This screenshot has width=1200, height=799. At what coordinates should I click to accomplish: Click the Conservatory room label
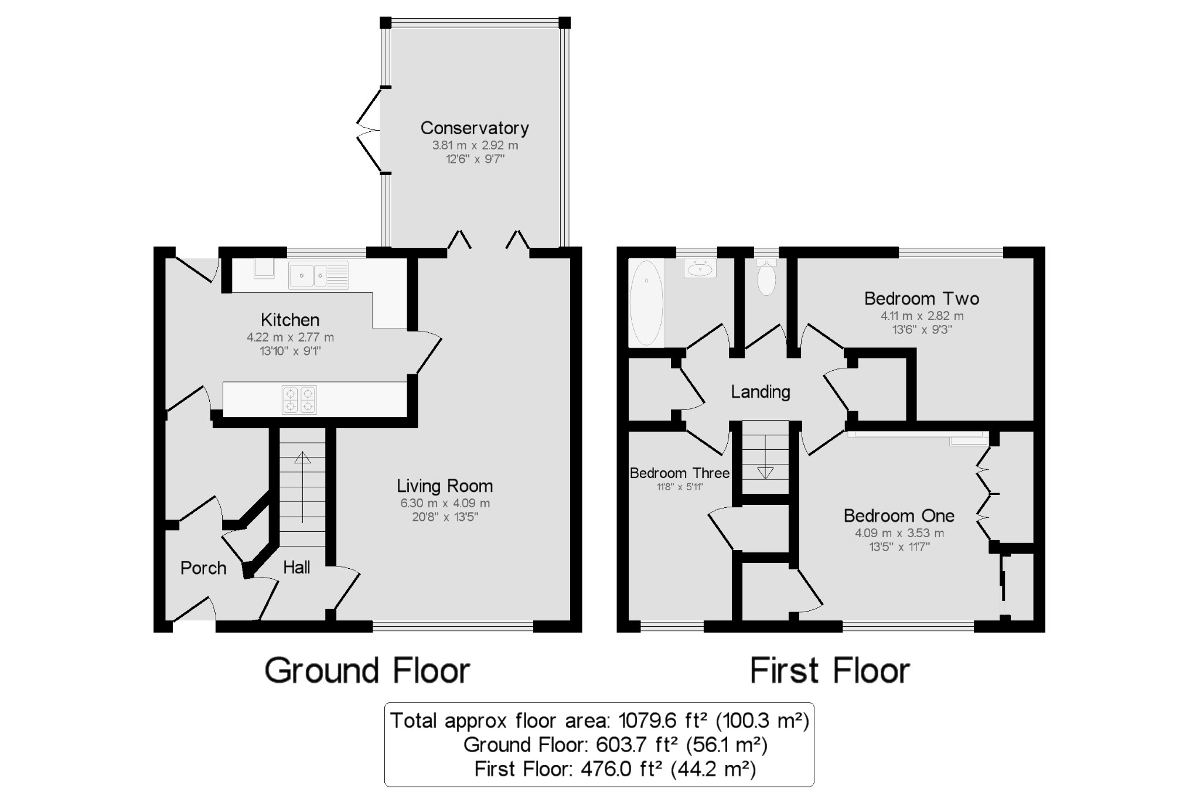pyautogui.click(x=475, y=128)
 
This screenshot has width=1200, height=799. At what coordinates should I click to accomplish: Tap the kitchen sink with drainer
pyautogui.click(x=319, y=275)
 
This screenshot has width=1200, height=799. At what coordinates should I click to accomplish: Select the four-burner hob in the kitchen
pyautogui.click(x=299, y=399)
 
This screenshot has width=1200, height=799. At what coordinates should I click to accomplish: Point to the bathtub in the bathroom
pyautogui.click(x=646, y=302)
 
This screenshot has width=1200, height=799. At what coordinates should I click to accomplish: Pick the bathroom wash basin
pyautogui.click(x=700, y=269)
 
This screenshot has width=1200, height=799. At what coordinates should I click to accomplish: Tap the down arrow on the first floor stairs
pyautogui.click(x=765, y=472)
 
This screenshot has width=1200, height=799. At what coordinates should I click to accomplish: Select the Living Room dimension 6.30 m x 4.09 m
pyautogui.click(x=445, y=503)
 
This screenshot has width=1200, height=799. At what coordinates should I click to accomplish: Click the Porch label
pyautogui.click(x=203, y=568)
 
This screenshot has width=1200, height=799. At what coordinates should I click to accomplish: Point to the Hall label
pyautogui.click(x=296, y=567)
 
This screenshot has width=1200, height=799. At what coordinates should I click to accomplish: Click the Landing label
pyautogui.click(x=761, y=391)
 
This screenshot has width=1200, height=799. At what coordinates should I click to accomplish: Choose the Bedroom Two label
pyautogui.click(x=922, y=299)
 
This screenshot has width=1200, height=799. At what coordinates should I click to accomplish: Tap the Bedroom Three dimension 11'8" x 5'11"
pyautogui.click(x=680, y=487)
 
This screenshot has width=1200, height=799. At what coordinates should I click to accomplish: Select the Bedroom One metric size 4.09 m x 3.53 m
pyautogui.click(x=899, y=533)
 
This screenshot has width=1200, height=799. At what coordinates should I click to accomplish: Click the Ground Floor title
pyautogui.click(x=367, y=671)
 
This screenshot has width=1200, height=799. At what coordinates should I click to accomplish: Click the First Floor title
pyautogui.click(x=830, y=671)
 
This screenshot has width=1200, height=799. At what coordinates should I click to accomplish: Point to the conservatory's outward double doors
pyautogui.click(x=369, y=130)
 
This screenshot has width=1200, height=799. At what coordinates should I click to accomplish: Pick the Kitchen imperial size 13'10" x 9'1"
pyautogui.click(x=291, y=351)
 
